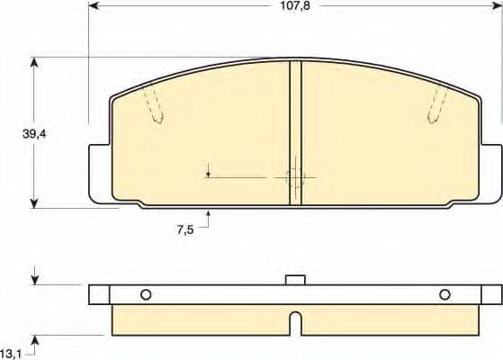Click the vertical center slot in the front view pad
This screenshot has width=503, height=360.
pos(294,133)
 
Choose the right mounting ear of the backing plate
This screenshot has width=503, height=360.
pos(493,171)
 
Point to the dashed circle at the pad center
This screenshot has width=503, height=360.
pos(294,176)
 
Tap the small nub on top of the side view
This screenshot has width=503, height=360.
pos(294,280)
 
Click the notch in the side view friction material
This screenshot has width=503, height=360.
pos(294,319)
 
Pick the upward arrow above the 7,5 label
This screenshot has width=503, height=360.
pos(209,214)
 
